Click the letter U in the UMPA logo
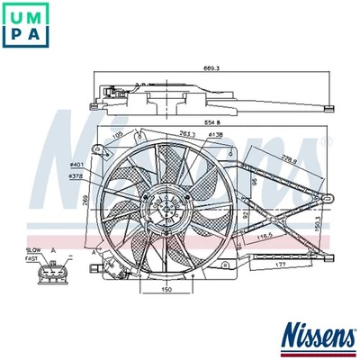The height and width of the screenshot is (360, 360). pyautogui.click(x=14, y=13)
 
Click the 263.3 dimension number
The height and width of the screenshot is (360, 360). pyautogui.click(x=187, y=134)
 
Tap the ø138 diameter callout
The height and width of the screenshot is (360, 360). pyautogui.click(x=215, y=134)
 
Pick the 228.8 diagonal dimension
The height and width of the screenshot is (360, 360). pyautogui.click(x=287, y=160)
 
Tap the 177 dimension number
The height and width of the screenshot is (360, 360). pyautogui.click(x=282, y=265)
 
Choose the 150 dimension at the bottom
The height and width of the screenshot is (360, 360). pyautogui.click(x=166, y=291)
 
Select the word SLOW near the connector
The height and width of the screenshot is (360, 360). pyautogui.click(x=33, y=249)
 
